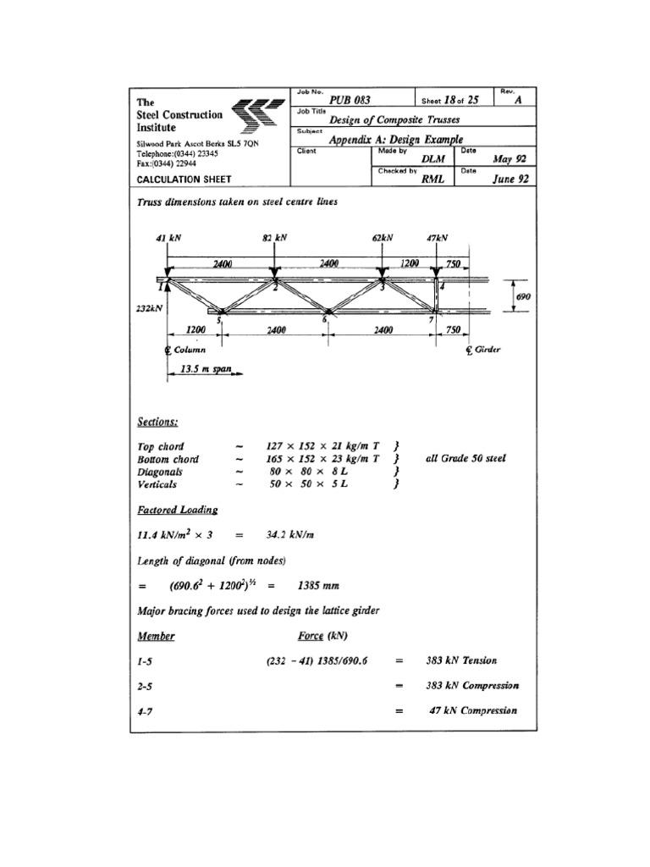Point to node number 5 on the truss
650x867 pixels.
point(218,319)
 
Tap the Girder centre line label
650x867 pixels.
point(483,350)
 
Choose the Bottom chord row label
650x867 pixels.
point(165,458)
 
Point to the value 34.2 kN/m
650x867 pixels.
point(307,534)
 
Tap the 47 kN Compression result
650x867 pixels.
point(472,711)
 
